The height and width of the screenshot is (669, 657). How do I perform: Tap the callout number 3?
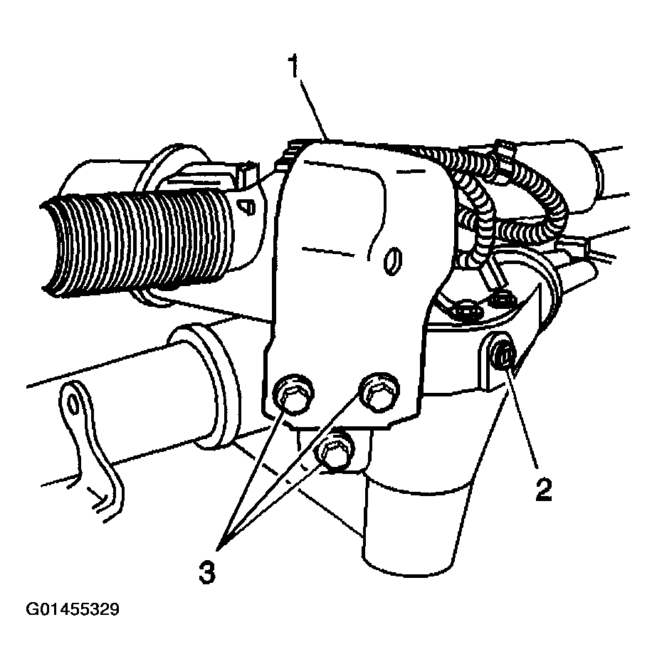click(207, 571)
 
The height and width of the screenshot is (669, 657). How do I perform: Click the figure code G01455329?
click(73, 609)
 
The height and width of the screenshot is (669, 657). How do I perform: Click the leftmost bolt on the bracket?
click(293, 395)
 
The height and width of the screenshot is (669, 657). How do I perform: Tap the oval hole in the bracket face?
click(393, 260)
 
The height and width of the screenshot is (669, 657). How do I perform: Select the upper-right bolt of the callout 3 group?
click(379, 392)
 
